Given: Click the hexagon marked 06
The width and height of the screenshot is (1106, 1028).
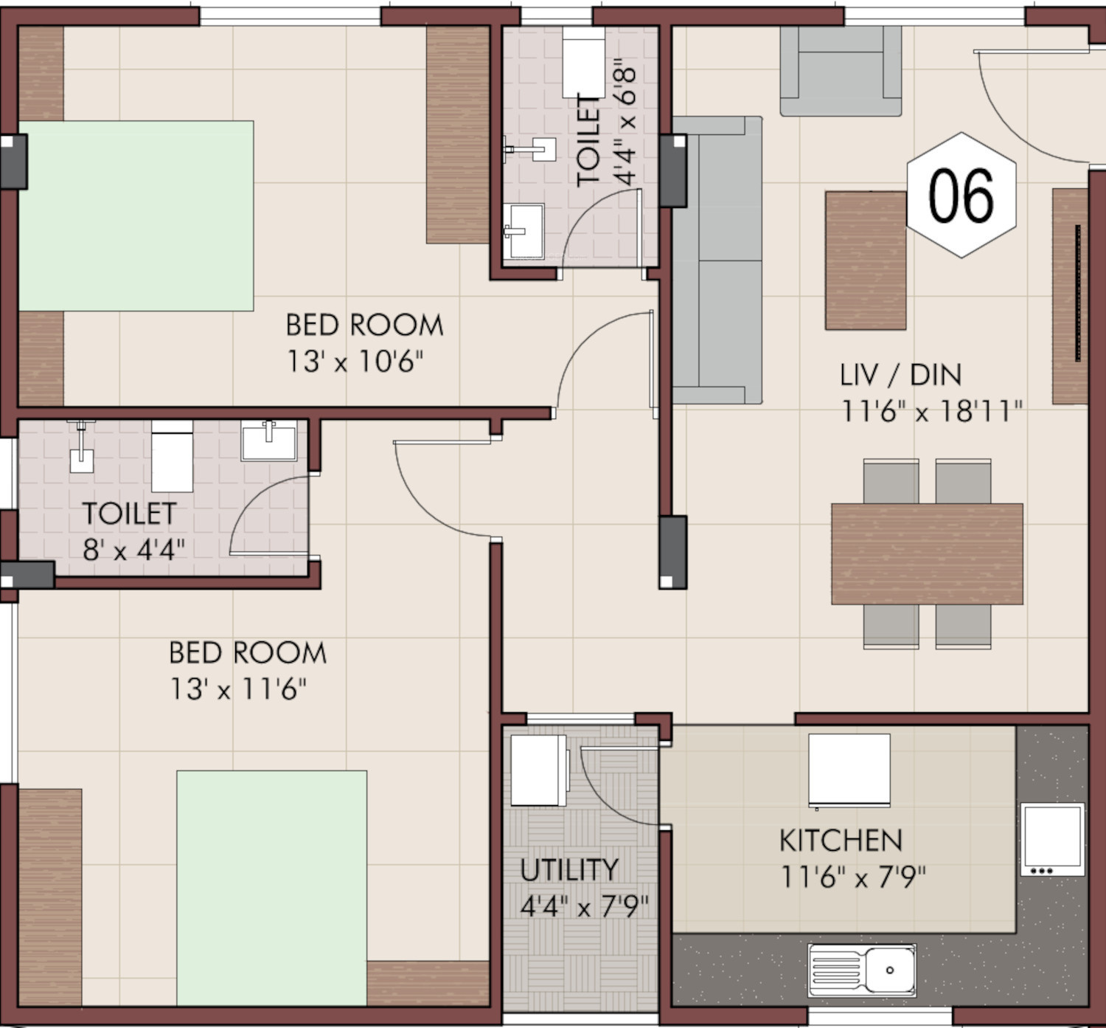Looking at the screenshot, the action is [961, 195].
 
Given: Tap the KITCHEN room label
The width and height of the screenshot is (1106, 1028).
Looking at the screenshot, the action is [841, 840].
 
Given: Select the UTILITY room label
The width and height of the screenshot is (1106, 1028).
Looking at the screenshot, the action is [569, 869].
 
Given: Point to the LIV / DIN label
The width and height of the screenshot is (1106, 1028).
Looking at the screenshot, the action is [901, 375].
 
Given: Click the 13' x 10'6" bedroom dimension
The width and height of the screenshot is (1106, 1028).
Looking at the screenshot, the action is [355, 362].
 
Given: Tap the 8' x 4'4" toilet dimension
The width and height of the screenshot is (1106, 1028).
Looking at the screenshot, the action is [133, 550].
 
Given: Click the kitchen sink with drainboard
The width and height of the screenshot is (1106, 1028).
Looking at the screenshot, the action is [862, 970].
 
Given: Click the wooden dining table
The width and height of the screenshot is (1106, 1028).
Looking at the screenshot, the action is [928, 553].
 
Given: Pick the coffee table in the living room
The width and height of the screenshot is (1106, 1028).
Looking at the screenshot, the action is [866, 261].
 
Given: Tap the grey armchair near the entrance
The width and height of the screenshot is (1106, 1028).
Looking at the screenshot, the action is [841, 71].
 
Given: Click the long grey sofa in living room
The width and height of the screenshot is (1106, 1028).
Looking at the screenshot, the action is [717, 260].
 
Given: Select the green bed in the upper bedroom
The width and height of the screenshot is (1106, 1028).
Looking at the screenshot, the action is [136, 215].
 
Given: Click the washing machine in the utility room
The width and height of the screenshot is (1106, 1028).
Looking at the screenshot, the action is [539, 770].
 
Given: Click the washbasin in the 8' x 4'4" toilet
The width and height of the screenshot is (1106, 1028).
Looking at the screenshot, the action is [269, 441].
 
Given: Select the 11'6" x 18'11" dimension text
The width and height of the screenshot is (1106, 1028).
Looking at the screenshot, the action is [931, 412].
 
